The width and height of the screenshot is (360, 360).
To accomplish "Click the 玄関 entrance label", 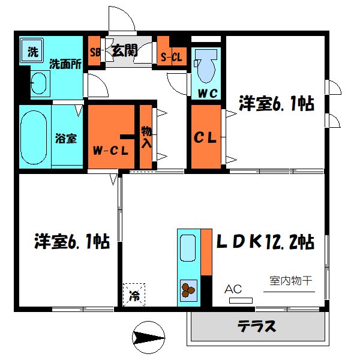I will click(x=125, y=50).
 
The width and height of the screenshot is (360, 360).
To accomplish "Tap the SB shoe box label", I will click(x=94, y=51).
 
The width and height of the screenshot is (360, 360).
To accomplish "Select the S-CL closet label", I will click(x=171, y=58).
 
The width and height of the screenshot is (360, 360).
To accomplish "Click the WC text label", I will click(x=207, y=94).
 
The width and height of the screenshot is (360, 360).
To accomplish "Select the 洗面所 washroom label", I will click(x=65, y=63).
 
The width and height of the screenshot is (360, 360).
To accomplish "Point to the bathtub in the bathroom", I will click(x=34, y=137).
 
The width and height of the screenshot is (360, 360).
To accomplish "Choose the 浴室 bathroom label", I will click(x=66, y=138).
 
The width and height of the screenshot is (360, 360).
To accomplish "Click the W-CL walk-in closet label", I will click(x=110, y=151).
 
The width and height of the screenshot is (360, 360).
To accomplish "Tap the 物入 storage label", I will click(x=145, y=136).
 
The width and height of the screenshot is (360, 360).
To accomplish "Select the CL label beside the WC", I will click(x=205, y=138).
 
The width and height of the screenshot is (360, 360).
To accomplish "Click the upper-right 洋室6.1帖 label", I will click(x=277, y=103).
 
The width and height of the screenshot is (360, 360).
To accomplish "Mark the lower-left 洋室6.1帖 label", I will click(x=70, y=242).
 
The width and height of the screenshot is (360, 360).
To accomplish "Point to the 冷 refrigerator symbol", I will click(x=134, y=295).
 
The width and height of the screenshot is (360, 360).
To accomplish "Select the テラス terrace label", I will click(x=258, y=327).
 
